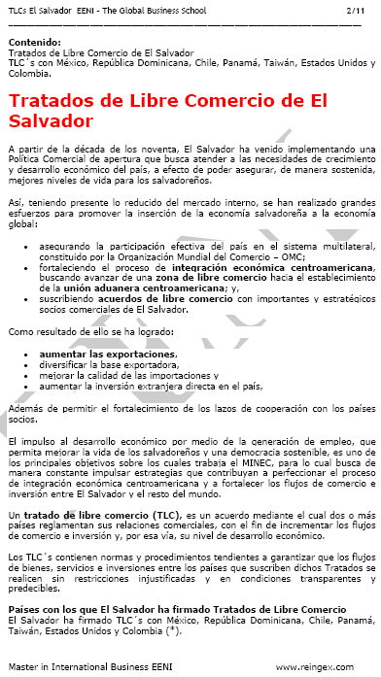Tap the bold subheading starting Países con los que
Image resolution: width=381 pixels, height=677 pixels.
click(163, 607)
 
